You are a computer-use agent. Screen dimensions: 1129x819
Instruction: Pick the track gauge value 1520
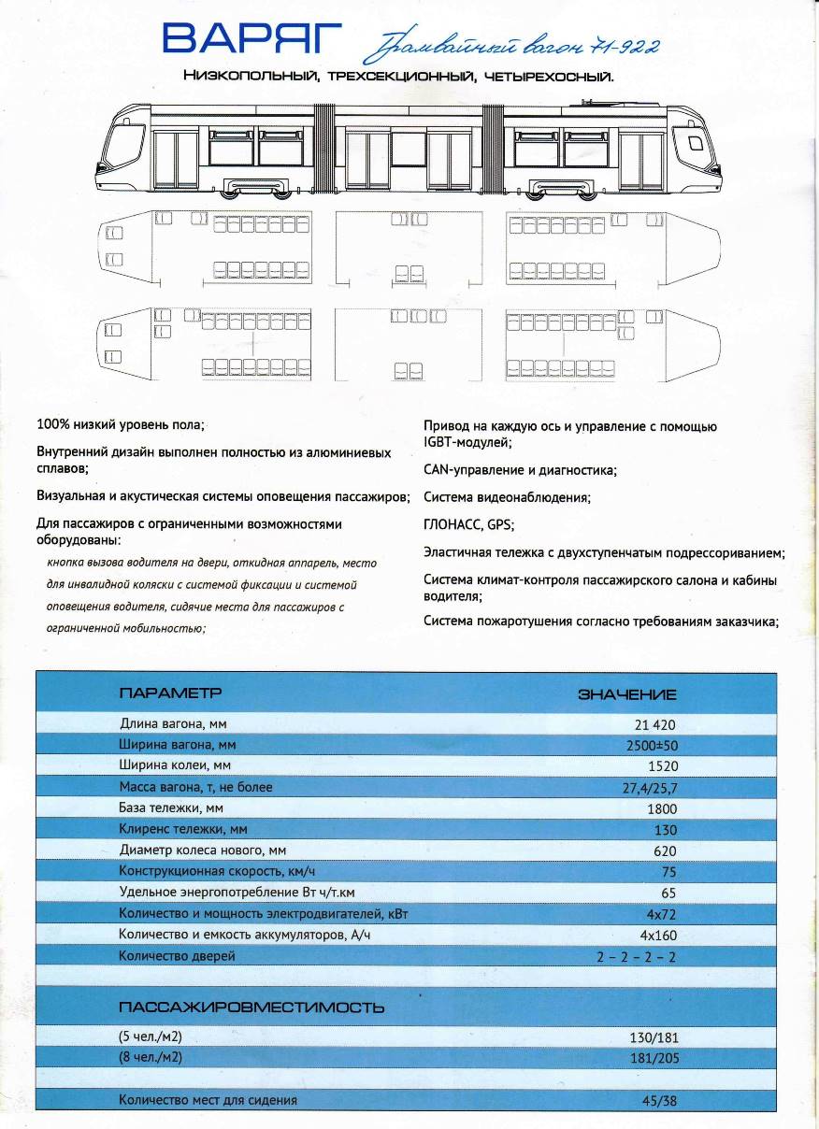coord(660,766)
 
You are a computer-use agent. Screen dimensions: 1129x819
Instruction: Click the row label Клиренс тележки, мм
coord(183,829)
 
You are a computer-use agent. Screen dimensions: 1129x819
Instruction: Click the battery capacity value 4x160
coord(657,935)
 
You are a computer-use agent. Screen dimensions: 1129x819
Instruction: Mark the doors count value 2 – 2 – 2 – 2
coord(636,957)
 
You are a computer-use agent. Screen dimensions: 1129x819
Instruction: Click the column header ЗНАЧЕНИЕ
coord(627,694)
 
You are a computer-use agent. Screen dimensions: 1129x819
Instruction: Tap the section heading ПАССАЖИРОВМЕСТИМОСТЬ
coord(251,1008)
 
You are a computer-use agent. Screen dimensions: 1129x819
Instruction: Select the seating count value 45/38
coord(658,1101)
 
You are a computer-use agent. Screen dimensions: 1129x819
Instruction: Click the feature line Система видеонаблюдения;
coord(507,498)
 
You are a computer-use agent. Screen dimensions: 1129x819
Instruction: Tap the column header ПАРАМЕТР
coord(170,693)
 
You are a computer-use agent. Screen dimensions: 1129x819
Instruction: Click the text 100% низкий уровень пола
coord(121,425)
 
